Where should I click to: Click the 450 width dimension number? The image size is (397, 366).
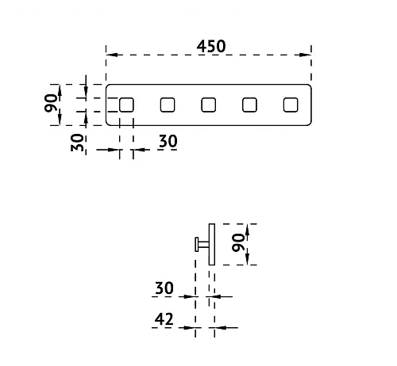click(x=211, y=46)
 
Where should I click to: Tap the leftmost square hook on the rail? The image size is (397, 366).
click(x=126, y=105)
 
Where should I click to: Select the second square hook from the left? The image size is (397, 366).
click(x=168, y=105)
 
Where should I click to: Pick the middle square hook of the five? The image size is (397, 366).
click(x=209, y=105)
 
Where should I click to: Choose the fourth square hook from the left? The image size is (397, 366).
click(x=249, y=105)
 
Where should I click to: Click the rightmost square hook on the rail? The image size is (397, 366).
click(x=291, y=105)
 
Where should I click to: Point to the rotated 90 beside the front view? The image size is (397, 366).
click(x=51, y=103)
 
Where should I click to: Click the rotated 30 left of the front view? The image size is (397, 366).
click(x=77, y=143)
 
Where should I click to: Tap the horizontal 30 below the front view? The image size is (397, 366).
click(x=168, y=141)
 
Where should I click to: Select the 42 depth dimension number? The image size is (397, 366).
click(x=164, y=319)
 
